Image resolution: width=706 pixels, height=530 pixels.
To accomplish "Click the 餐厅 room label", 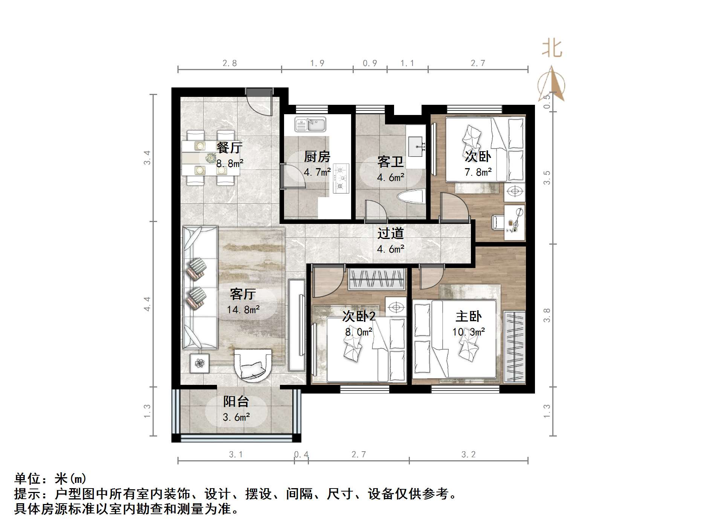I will pyautogui.click(x=229, y=147).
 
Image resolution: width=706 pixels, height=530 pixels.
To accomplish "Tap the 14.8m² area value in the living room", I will pyautogui.click(x=243, y=310).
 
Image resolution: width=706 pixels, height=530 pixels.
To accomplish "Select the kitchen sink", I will pyautogui.click(x=310, y=124).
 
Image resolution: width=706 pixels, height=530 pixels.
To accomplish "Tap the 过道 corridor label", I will pyautogui.click(x=391, y=233).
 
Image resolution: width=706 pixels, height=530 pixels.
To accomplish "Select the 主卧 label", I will pyautogui.click(x=468, y=316).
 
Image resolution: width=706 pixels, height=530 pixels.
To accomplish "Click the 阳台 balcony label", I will pyautogui.click(x=236, y=401).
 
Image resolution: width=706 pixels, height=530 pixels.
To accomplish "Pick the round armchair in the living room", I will pyautogui.click(x=252, y=365).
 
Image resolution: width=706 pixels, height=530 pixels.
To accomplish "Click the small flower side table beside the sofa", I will pyautogui.click(x=199, y=363).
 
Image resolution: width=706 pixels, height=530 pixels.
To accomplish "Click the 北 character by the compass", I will pyautogui.click(x=552, y=49).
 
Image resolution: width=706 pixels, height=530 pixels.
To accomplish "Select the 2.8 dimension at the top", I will pyautogui.click(x=229, y=63).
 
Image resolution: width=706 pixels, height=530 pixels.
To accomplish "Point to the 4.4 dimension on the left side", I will pyautogui.click(x=147, y=304).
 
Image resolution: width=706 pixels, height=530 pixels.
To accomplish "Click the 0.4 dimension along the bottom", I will pyautogui.click(x=301, y=455).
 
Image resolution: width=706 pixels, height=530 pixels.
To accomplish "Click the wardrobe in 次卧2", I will pyautogui.click(x=377, y=279).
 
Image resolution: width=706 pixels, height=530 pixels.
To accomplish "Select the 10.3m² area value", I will pyautogui.click(x=468, y=332).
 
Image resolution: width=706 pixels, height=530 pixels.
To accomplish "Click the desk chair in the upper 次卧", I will pyautogui.click(x=498, y=222).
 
